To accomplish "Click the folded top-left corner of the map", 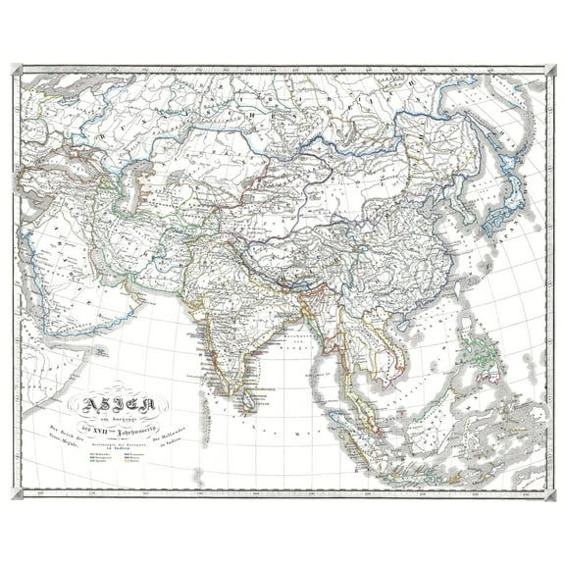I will [17, 70].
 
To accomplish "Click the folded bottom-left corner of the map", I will [17, 491].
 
